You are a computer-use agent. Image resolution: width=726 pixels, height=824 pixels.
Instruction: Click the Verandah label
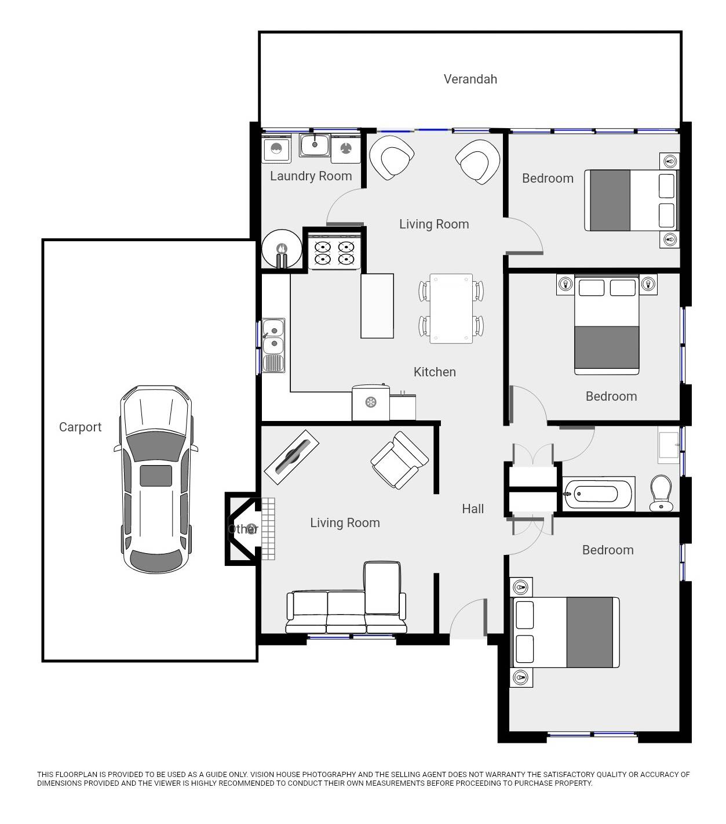(470, 79)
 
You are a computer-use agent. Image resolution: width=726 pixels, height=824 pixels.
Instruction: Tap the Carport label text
(80, 427)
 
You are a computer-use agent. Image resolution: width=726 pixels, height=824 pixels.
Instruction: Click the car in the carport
(156, 479)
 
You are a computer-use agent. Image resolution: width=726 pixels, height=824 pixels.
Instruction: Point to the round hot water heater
(282, 250)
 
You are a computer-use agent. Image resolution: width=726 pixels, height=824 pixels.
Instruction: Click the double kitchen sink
(273, 345)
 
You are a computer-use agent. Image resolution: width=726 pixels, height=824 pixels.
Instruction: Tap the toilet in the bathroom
(661, 493)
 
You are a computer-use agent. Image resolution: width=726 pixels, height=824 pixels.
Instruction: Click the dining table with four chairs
(451, 308)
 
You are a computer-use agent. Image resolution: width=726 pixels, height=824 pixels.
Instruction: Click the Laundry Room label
(311, 176)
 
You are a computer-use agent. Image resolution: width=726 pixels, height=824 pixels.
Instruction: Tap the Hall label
(473, 509)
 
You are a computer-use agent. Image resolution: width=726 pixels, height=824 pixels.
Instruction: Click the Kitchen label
(435, 372)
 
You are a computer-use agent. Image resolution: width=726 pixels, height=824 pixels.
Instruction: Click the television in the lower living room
(291, 452)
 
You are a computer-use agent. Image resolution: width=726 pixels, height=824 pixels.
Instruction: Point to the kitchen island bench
(377, 306)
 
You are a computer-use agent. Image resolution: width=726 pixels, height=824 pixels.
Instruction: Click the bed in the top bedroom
(631, 200)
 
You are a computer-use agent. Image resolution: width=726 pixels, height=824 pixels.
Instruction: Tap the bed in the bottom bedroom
(565, 632)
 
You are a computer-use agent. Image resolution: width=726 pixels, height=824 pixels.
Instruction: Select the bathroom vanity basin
(668, 445)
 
